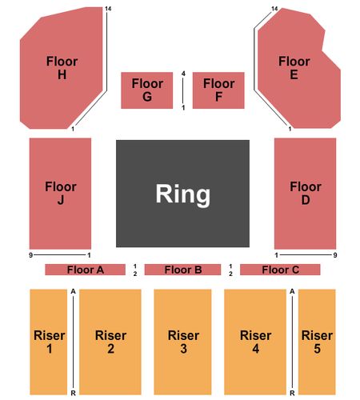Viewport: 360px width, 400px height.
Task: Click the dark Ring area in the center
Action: coord(182,194)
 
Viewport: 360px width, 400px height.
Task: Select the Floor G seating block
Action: coord(147,90)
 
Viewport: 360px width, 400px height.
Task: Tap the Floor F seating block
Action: coord(218,90)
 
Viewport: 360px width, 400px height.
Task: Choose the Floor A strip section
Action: coord(86,270)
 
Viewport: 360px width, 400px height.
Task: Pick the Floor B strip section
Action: coord(182,270)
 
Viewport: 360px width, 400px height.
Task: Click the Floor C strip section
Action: coord(280,270)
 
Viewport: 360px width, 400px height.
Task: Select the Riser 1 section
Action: coord(49,342)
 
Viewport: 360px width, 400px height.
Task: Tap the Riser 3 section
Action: coord(182,342)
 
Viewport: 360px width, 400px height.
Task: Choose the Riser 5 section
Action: coord(317,342)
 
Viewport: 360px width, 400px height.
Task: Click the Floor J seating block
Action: coord(60,194)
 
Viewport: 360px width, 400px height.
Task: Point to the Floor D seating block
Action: coord(305,194)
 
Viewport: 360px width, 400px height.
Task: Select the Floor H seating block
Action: coord(62,68)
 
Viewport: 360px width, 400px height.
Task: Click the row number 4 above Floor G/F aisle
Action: coord(183,74)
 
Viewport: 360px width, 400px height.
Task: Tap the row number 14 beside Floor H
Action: coord(108,9)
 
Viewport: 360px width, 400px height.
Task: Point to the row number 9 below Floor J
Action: coord(31,255)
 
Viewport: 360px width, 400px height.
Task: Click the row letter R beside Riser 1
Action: coord(74,393)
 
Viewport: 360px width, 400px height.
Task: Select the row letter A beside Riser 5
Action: coord(292,291)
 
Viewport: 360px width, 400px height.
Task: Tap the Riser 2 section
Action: coord(110,342)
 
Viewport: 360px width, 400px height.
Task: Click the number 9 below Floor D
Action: coord(335,255)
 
